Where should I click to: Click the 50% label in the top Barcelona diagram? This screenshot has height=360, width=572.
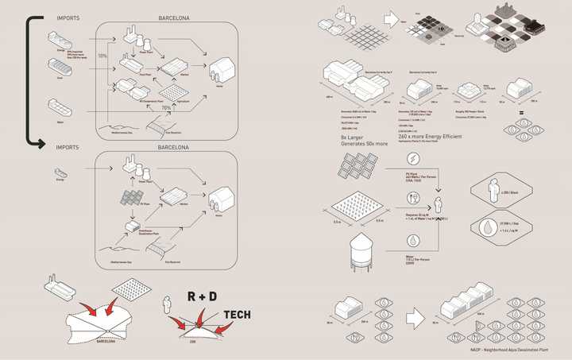[x=102, y=56]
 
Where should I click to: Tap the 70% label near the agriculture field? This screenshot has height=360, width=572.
[x=166, y=108]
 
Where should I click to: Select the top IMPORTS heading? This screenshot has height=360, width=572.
[x=68, y=17]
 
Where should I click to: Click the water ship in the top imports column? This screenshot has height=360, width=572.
[x=60, y=105]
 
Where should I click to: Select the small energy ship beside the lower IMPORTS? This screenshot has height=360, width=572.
[x=60, y=172]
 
